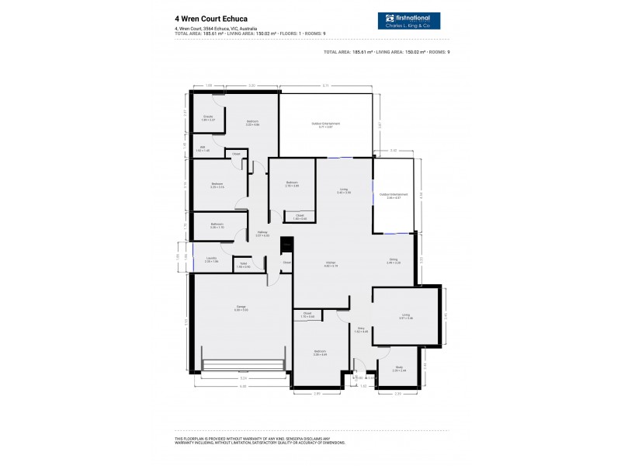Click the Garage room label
pyautogui.click(x=241, y=308)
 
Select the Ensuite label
pyautogui.click(x=208, y=118)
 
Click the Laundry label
pyautogui.click(x=210, y=260)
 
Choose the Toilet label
pyautogui.click(x=243, y=266)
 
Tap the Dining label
pyautogui.click(x=394, y=261)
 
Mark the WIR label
pyautogui.click(x=202, y=148)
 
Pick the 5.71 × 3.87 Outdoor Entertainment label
pyautogui.click(x=326, y=124)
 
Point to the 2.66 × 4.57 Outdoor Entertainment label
pyautogui.click(x=394, y=196)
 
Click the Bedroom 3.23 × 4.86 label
pyautogui.click(x=252, y=123)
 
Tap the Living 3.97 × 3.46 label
pyautogui.click(x=405, y=317)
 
